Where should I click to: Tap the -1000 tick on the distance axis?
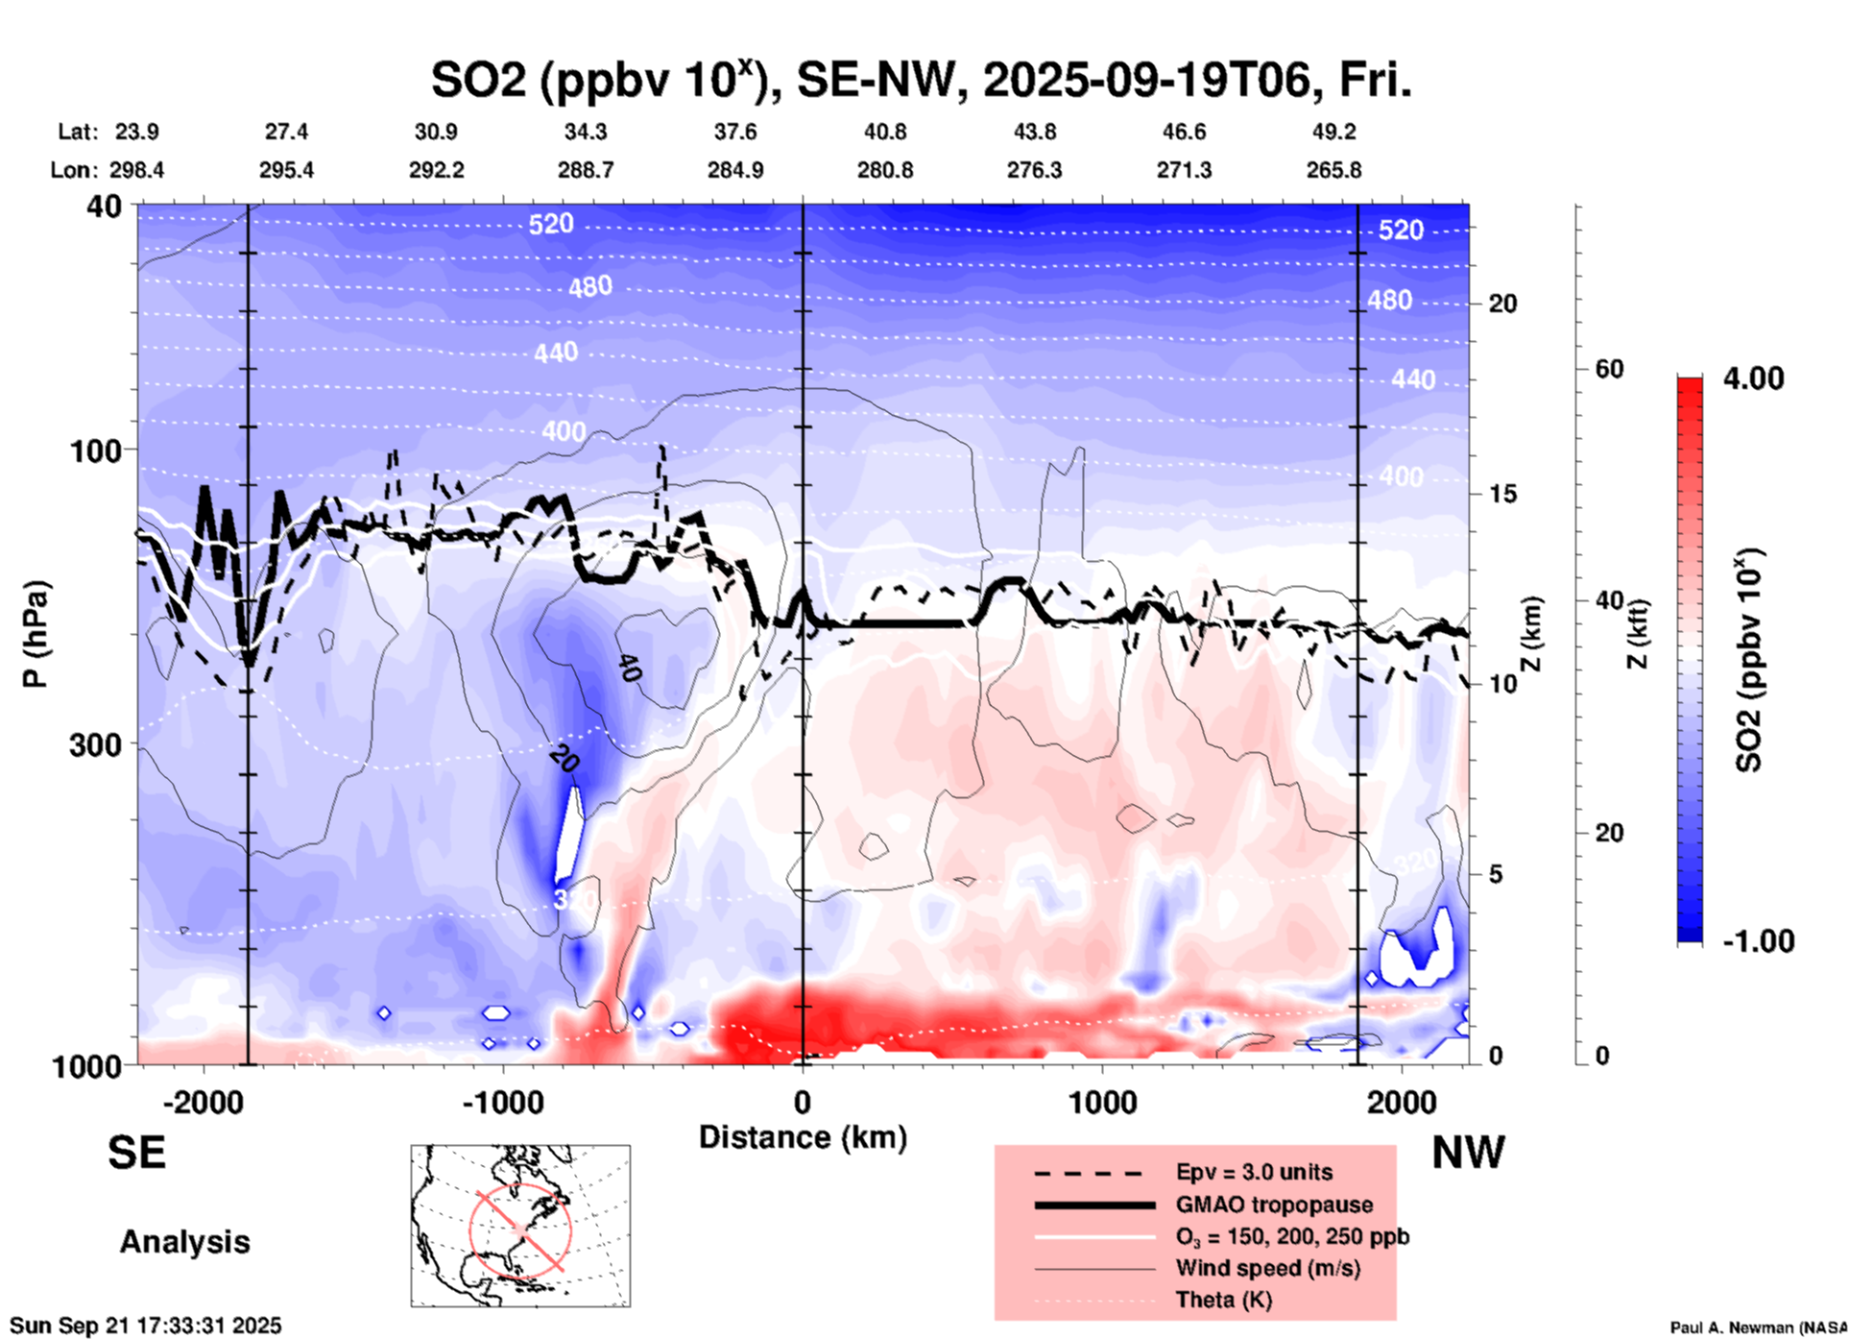tap(502, 1103)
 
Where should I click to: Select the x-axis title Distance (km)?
tap(803, 1137)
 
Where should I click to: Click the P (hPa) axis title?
tap(36, 634)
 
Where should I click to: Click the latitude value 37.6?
tap(735, 132)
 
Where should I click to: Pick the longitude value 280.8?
tap(885, 170)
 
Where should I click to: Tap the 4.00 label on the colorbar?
tap(1753, 378)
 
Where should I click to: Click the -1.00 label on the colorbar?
tap(1758, 941)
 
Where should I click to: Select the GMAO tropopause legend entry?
tap(1274, 1205)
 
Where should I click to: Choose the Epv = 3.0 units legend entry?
tap(1254, 1172)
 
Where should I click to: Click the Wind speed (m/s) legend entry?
tap(1267, 1268)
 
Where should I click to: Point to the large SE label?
tap(136, 1153)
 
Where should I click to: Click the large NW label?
tap(1468, 1153)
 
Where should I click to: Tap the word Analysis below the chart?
tap(184, 1242)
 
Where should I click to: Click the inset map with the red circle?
tap(520, 1226)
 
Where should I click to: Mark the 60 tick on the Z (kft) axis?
tap(1609, 369)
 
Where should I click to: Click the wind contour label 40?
tap(629, 668)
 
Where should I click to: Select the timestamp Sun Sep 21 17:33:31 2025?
tap(146, 1326)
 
